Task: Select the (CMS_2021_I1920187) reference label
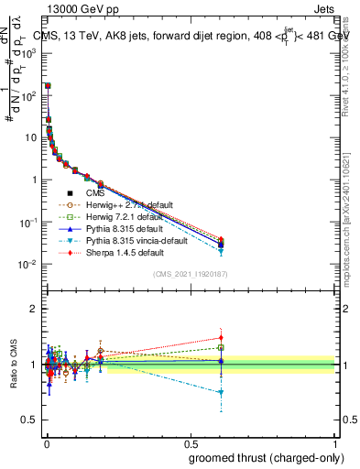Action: [190, 274]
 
